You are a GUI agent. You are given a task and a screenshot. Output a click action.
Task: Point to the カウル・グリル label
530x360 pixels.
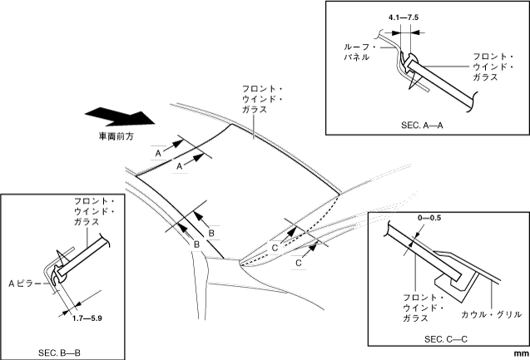click(x=492, y=314)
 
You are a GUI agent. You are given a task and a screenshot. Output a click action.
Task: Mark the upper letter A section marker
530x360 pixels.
click(x=157, y=153)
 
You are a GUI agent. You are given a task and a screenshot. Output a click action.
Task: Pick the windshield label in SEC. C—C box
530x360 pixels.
click(x=423, y=307)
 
